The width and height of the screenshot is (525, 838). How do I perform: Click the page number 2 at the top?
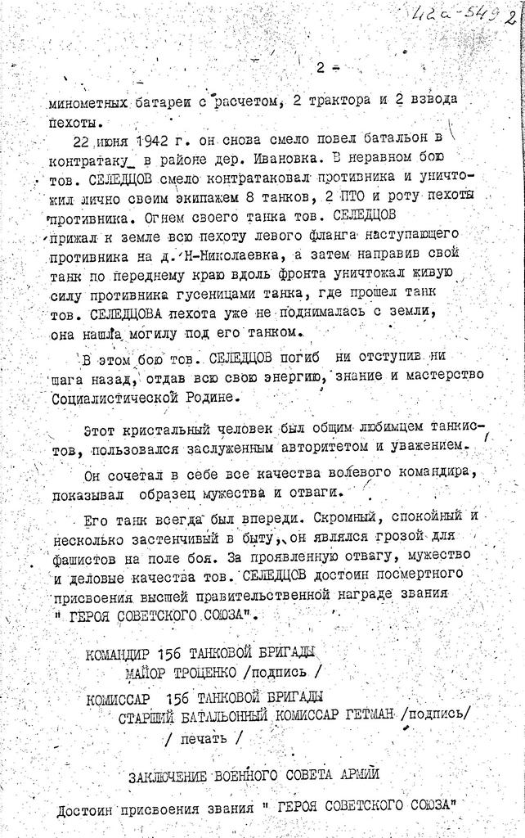click(x=321, y=66)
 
